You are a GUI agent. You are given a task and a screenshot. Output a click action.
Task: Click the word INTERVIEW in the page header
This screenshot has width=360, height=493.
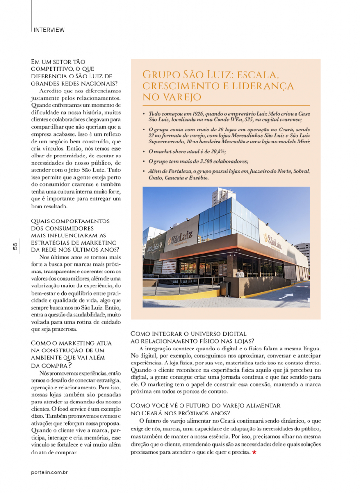click(49, 30)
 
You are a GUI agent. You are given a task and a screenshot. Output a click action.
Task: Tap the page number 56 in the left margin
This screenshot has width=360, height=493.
click(15, 246)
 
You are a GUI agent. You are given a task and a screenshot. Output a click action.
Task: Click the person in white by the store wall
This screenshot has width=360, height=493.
click(240, 273)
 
